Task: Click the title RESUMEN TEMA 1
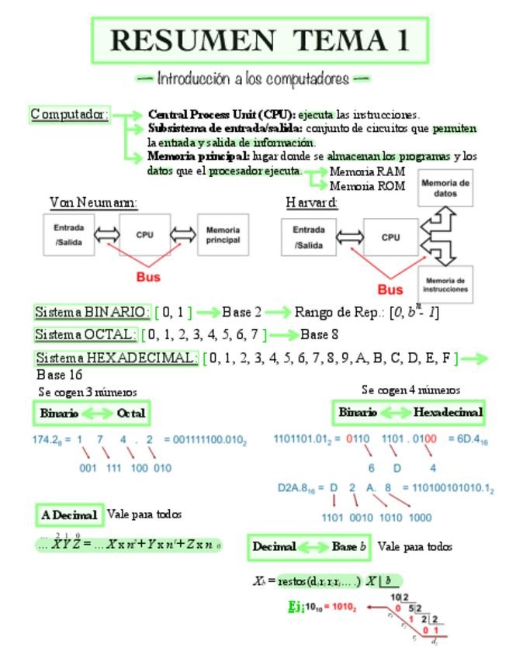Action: (260, 40)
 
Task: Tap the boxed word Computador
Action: (69, 115)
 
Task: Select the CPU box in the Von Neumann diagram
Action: (144, 234)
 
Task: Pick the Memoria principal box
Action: (223, 234)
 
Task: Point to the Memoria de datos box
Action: (445, 187)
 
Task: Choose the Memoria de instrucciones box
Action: (445, 284)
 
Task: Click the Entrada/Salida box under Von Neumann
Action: (68, 234)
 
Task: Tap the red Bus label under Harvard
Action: (390, 290)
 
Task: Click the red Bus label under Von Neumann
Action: (147, 275)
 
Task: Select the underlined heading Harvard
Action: (312, 203)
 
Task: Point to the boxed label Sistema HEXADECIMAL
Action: (116, 358)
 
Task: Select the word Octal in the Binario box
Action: (130, 414)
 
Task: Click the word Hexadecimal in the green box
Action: (448, 412)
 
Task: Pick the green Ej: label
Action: (296, 607)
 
